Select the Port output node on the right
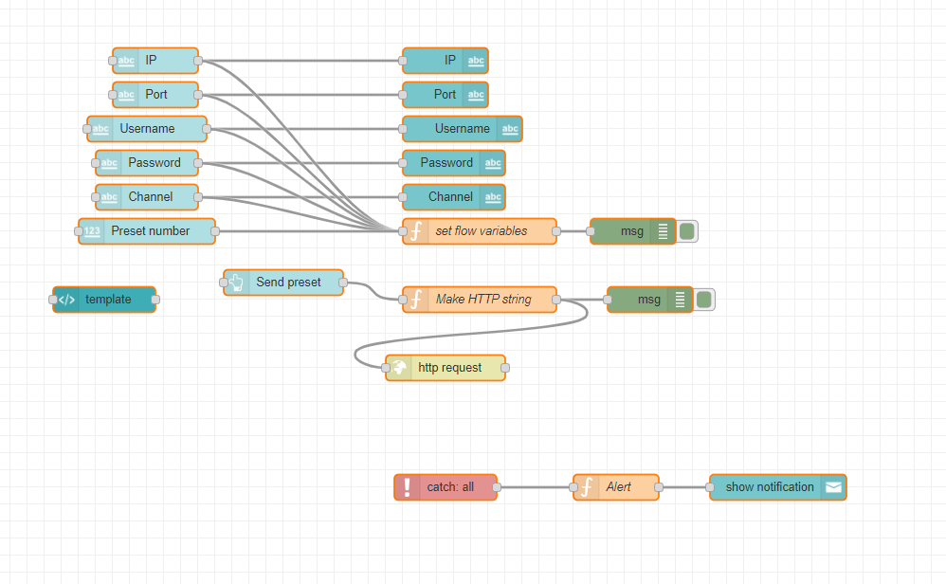(x=445, y=95)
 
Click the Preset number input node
(x=150, y=231)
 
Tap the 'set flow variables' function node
(x=481, y=231)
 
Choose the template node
(x=107, y=300)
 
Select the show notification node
(x=769, y=487)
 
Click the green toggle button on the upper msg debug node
(x=687, y=231)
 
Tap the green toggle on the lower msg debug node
(x=704, y=300)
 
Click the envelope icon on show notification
(x=833, y=487)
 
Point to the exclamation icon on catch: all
(x=408, y=487)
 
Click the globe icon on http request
(x=399, y=368)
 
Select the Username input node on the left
(x=147, y=129)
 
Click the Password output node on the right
(x=446, y=163)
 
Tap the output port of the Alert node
(x=660, y=487)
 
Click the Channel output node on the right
(x=450, y=197)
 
